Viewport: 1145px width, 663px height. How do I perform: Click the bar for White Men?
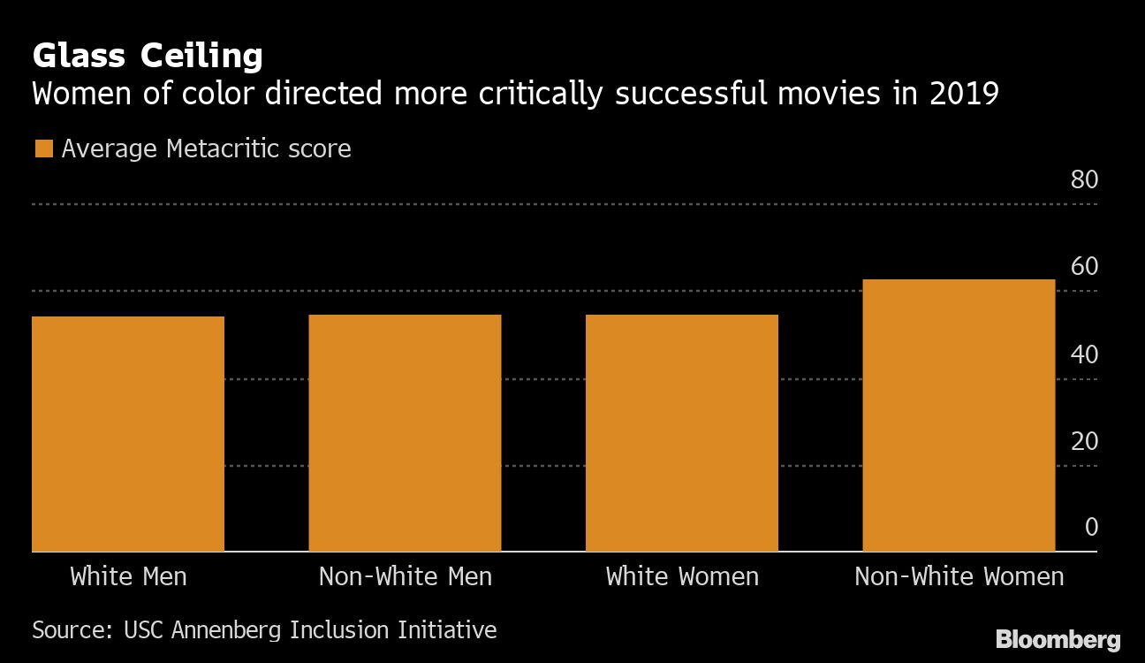coord(128,433)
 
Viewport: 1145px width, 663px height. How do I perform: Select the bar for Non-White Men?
coord(405,432)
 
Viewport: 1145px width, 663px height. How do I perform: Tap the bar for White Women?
coord(681,432)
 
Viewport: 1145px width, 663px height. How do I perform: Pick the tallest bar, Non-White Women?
coord(959,415)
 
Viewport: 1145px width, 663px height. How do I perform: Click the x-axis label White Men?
coord(128,577)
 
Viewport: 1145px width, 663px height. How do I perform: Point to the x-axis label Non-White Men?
coord(405,577)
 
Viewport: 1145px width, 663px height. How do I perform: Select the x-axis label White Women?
coord(681,577)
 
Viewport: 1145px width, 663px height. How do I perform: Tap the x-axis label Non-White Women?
coord(959,577)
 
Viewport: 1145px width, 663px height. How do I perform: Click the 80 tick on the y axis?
coord(1084,180)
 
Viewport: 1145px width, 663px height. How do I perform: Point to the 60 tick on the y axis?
coord(1084,267)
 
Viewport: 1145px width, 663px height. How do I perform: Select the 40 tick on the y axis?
coord(1084,354)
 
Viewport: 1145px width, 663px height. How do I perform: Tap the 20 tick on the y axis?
coord(1084,441)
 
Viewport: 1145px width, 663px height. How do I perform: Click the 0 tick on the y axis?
coord(1091,528)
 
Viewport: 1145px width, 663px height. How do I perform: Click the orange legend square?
coord(43,149)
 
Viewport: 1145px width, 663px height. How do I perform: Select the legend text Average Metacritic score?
coord(206,149)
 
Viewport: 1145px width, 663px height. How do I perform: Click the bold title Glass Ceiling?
coord(148,57)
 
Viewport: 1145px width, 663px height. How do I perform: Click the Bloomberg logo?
coord(1058,640)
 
